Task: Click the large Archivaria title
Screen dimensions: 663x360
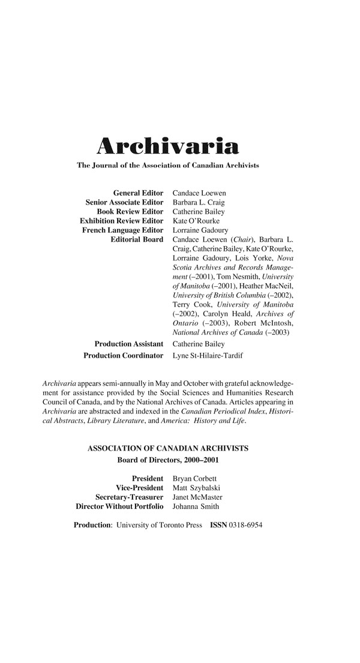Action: point(168,146)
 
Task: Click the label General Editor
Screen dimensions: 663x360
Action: point(137,193)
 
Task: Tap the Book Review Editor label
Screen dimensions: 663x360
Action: point(130,211)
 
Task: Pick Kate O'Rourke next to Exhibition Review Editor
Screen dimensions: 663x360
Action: point(196,221)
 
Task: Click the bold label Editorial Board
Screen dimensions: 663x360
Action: point(137,239)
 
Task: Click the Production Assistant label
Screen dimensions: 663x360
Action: point(128,344)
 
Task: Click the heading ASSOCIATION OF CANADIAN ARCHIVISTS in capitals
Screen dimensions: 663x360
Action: point(168,448)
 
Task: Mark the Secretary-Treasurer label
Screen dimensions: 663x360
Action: point(129,497)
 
